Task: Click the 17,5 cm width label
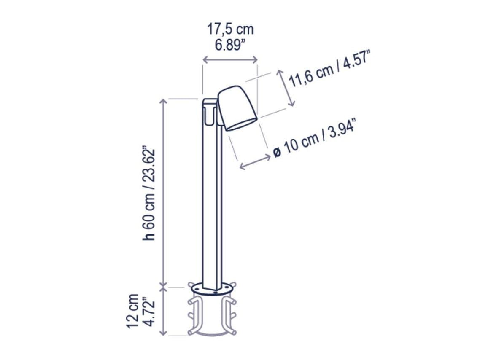coord(230,30)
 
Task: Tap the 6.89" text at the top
coord(230,45)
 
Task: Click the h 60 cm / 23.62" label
coord(150,194)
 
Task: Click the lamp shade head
coord(237,107)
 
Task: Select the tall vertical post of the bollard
coord(212,202)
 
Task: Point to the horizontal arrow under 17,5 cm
coord(230,60)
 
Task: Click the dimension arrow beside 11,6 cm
coord(286,89)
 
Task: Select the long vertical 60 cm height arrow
coord(164,192)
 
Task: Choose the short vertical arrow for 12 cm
coord(164,311)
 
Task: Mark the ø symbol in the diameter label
coord(277,153)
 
